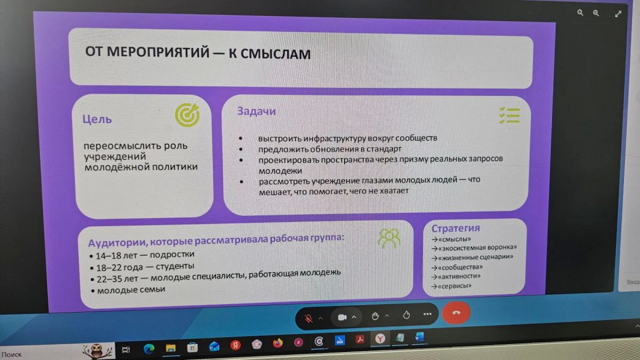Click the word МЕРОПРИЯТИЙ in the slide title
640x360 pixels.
[158, 52]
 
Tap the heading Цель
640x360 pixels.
[97, 119]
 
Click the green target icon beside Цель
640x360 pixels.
[188, 115]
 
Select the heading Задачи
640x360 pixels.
[257, 111]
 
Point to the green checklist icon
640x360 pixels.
[510, 115]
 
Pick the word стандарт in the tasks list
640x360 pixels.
[384, 149]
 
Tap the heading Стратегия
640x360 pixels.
[455, 228]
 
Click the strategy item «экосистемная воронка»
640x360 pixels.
[477, 247]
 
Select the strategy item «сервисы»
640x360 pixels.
[454, 286]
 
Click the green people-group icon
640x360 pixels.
[389, 238]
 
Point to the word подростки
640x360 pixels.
[172, 254]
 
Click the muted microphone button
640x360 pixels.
[309, 318]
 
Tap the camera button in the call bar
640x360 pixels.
[342, 317]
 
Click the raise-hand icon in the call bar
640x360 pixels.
[375, 316]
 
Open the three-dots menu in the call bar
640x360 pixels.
[427, 314]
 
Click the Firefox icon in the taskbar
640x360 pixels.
[278, 343]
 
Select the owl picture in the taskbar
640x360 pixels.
[97, 350]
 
